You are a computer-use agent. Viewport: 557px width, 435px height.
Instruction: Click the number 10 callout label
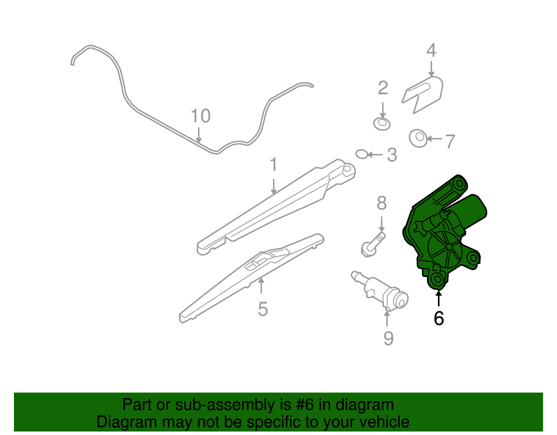(201, 116)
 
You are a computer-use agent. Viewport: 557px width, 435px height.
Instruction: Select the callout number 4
(431, 50)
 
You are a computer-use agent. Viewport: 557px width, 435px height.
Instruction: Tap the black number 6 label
(439, 318)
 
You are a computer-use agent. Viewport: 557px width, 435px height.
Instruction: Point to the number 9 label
(389, 339)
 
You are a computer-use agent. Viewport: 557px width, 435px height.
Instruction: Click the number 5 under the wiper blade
(263, 309)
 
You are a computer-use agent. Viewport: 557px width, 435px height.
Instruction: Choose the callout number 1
(274, 164)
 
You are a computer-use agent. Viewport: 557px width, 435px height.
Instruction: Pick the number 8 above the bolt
(382, 203)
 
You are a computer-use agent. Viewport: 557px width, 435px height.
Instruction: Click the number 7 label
(450, 141)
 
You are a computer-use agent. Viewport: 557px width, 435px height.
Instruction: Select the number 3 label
(392, 155)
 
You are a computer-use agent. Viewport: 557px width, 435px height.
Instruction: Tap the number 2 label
(383, 88)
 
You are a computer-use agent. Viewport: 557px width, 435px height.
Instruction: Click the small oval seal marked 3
(362, 154)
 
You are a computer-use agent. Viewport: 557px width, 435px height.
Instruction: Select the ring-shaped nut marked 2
(382, 124)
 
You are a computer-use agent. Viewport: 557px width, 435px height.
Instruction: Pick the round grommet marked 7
(418, 138)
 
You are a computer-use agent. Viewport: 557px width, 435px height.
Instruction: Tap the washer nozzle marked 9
(380, 290)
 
